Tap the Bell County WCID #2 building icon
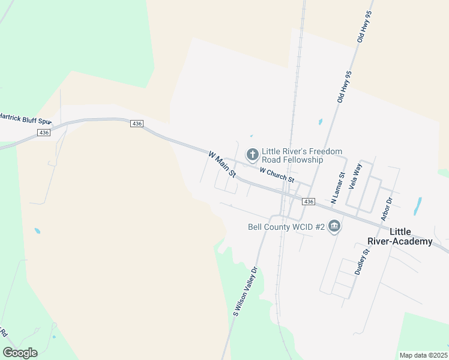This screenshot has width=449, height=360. [x=335, y=227]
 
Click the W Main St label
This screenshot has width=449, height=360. [x=221, y=164]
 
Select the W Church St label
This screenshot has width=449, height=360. [x=277, y=175]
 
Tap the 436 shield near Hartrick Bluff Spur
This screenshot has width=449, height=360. [x=43, y=133]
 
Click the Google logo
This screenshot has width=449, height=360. [x=20, y=353]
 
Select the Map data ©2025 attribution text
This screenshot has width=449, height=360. [x=423, y=355]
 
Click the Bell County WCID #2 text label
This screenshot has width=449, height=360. [x=286, y=227]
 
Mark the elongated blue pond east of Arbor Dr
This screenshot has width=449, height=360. [x=417, y=206]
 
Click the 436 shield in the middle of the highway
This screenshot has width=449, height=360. [x=136, y=123]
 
